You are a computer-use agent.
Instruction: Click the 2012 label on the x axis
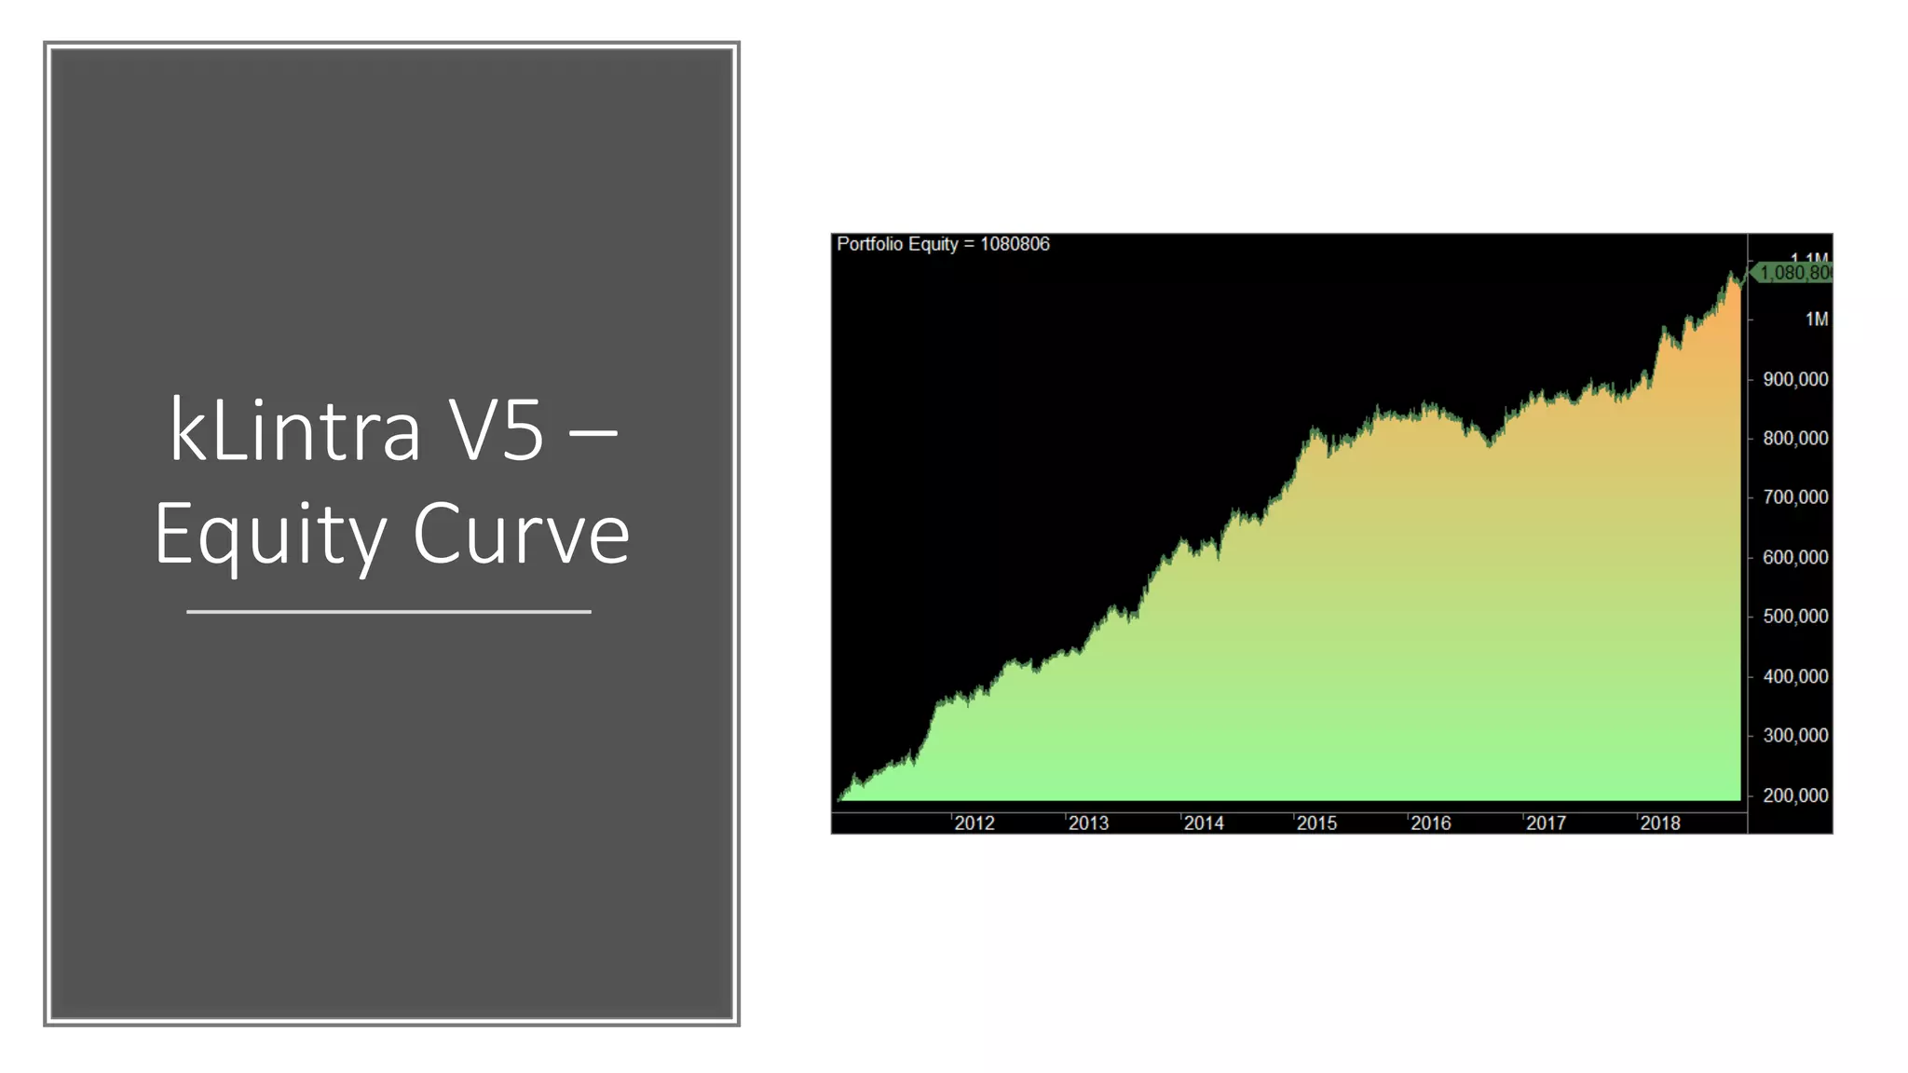click(974, 823)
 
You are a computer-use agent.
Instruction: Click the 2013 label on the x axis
click(1088, 823)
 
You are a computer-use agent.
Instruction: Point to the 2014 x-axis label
click(1203, 823)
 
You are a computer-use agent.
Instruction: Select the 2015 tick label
click(1316, 823)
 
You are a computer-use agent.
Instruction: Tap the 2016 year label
click(1431, 823)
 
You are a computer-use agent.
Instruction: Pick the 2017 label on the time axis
click(1546, 823)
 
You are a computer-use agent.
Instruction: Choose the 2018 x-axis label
click(1660, 823)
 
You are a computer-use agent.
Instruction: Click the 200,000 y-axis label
click(1795, 795)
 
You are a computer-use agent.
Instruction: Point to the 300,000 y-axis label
click(1795, 736)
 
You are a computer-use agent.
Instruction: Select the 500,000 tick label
click(1795, 617)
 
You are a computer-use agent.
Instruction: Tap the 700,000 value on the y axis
click(1795, 497)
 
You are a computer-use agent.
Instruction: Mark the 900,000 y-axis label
click(1795, 379)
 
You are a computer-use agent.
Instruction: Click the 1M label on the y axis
click(1816, 319)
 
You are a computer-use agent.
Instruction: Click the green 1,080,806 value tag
click(1793, 273)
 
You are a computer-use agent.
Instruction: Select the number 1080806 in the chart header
click(1015, 244)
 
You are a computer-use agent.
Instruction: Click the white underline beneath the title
click(388, 612)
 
